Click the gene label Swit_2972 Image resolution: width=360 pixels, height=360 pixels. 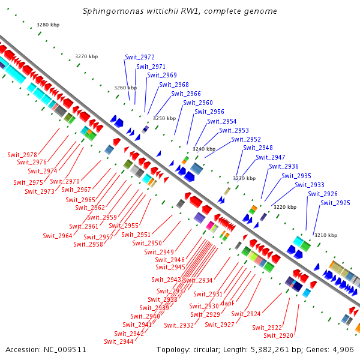(x=140, y=58)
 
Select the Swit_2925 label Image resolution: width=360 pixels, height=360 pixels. (x=335, y=203)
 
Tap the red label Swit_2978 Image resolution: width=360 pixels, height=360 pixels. (x=22, y=155)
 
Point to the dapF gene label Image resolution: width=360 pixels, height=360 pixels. (x=227, y=304)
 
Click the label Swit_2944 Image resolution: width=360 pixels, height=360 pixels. (x=119, y=341)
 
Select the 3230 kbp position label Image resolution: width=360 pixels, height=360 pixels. (x=244, y=178)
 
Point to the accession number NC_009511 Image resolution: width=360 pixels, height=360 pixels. (x=64, y=349)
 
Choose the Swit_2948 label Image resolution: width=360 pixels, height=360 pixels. (x=258, y=148)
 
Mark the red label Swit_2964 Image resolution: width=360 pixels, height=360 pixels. (x=58, y=236)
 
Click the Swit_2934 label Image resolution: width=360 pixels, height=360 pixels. (x=197, y=281)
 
